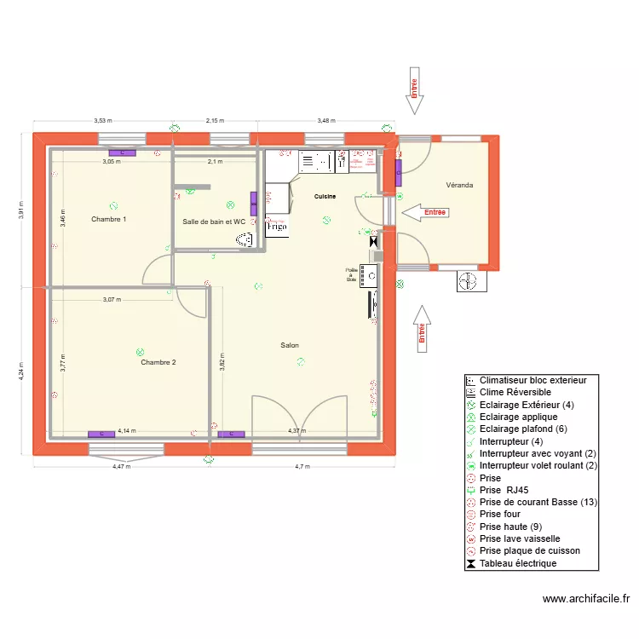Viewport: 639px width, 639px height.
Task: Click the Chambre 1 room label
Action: (109, 219)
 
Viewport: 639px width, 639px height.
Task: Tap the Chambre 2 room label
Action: (158, 362)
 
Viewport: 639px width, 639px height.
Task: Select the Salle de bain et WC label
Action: (214, 222)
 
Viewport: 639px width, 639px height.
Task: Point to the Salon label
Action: (290, 345)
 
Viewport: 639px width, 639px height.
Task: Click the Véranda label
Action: (459, 185)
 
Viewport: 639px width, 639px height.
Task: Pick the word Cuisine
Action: (325, 197)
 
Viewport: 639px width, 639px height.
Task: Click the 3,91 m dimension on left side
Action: (23, 209)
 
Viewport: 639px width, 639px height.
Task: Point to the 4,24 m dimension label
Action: (23, 372)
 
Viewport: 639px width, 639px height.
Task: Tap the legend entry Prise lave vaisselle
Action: (519, 538)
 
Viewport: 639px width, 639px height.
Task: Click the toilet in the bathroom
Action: (245, 241)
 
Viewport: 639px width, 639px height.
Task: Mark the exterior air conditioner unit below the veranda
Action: (469, 281)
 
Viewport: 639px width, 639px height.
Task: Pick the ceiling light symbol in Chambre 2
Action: (141, 351)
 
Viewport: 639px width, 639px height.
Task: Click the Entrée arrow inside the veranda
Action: (423, 212)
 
